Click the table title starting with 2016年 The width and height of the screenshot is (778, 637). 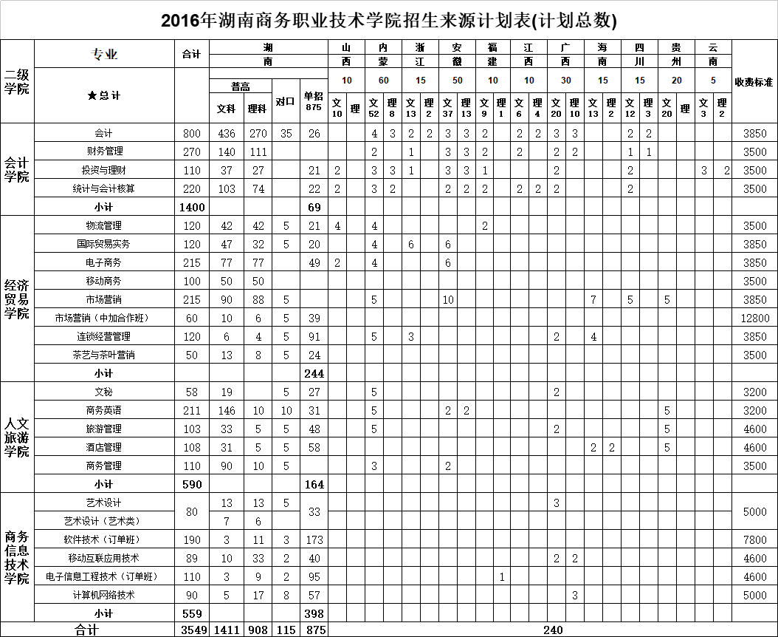[389, 20]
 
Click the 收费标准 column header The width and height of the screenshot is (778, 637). [754, 81]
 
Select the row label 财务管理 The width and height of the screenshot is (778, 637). [104, 151]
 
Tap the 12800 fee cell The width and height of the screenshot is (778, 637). [754, 318]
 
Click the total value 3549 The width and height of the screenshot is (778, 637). [191, 630]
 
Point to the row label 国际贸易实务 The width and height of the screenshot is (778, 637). [104, 244]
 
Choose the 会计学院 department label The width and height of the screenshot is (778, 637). [17, 169]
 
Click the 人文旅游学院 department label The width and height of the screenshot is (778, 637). [17, 437]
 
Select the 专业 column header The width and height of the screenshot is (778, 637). [104, 55]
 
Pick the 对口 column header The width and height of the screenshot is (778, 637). [285, 101]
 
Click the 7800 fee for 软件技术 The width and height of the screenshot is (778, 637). [754, 539]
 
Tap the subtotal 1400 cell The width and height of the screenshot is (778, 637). [191, 207]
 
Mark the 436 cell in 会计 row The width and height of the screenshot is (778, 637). [227, 133]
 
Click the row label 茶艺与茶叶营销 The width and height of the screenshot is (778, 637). [104, 355]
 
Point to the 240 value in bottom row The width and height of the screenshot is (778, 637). [552, 630]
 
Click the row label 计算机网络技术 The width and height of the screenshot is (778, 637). [104, 595]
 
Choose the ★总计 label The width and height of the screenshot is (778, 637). [104, 95]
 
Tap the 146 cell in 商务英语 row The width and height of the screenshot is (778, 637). [227, 410]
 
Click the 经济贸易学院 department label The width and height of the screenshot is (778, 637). [17, 299]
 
